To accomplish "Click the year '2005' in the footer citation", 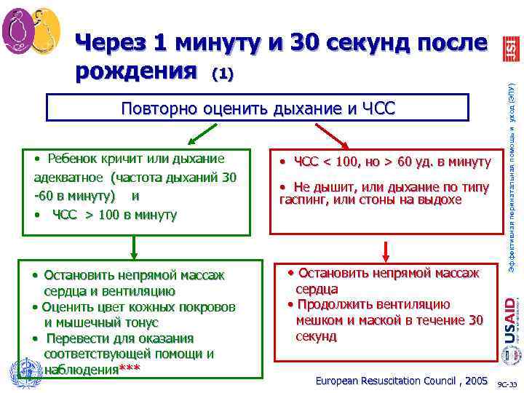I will click(x=475, y=381).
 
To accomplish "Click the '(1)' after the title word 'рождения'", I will click(x=223, y=74).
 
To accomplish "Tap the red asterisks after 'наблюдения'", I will click(x=130, y=370).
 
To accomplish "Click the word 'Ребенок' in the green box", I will click(x=73, y=159).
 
